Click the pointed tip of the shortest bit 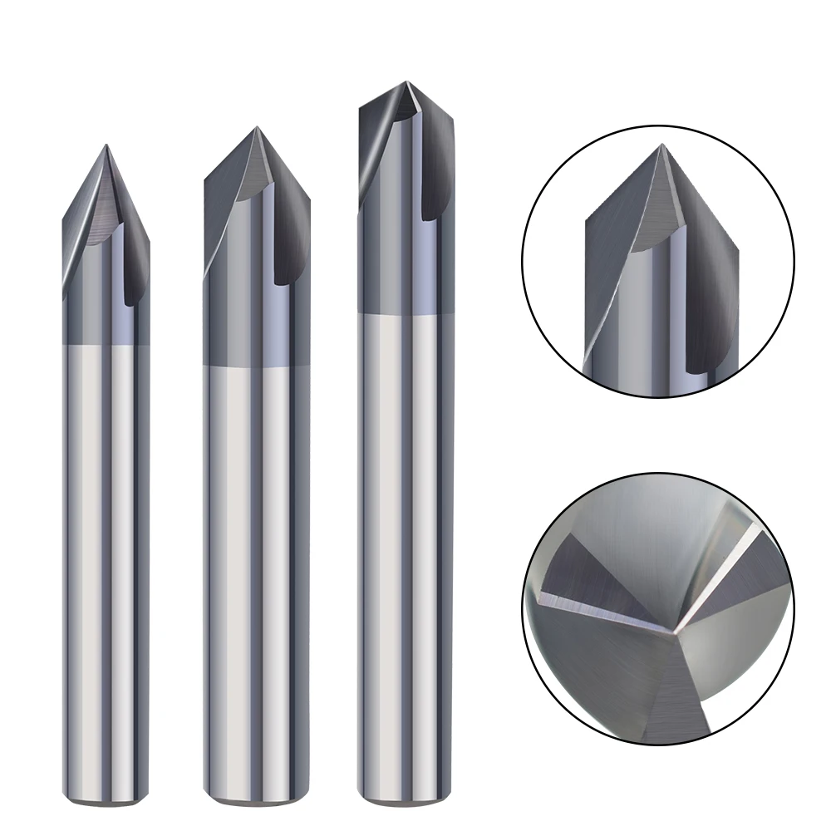pyautogui.click(x=106, y=146)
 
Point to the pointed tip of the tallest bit pyautogui.click(x=406, y=82)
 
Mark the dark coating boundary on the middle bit pyautogui.click(x=257, y=365)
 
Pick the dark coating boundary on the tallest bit pyautogui.click(x=406, y=312)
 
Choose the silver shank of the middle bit pyautogui.click(x=257, y=582)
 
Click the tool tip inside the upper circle pyautogui.click(x=661, y=145)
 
